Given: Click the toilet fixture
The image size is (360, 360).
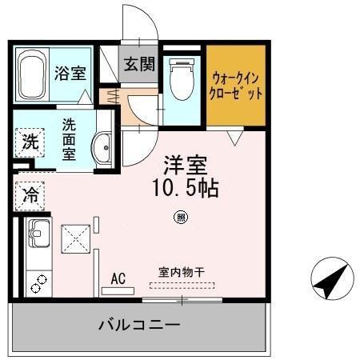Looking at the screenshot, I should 181,81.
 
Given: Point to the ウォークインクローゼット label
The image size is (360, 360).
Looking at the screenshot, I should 237,85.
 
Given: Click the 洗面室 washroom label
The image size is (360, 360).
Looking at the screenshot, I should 70,138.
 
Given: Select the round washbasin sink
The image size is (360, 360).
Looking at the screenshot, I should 102,146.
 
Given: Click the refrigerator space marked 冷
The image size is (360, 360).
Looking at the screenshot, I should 30,194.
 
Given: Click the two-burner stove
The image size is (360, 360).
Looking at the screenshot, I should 38,281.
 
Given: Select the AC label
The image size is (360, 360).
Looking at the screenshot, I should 118,278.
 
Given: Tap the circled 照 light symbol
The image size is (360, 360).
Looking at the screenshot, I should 181,216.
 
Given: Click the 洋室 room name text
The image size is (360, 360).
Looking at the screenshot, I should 186,166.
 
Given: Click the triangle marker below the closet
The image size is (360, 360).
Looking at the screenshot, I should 232,138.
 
